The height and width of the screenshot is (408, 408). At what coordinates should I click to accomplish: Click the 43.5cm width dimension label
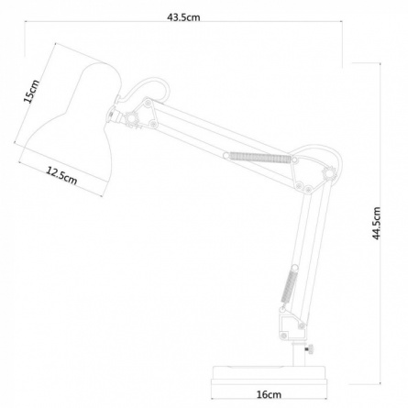click(x=183, y=17)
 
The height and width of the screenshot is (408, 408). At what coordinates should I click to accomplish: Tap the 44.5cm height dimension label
click(x=377, y=223)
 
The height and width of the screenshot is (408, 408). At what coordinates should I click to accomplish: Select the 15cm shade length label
click(x=31, y=91)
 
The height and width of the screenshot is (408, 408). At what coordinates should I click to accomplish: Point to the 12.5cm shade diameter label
click(x=61, y=176)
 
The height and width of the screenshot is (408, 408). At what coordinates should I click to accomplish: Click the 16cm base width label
click(x=269, y=394)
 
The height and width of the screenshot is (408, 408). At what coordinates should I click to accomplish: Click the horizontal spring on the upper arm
click(x=259, y=158)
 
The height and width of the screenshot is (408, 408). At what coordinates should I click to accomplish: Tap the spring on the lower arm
click(x=289, y=284)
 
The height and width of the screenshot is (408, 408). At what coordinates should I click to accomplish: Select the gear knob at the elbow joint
click(x=330, y=173)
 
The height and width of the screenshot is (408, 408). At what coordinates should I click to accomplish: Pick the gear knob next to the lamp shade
click(x=132, y=118)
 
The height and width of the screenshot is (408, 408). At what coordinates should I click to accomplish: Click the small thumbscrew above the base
click(x=309, y=349)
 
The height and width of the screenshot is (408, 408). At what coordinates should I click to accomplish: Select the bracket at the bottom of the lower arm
click(x=292, y=324)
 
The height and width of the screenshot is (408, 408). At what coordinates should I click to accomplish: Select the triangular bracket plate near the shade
click(x=146, y=113)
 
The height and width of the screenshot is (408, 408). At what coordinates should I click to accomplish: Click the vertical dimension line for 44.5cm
click(x=380, y=223)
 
